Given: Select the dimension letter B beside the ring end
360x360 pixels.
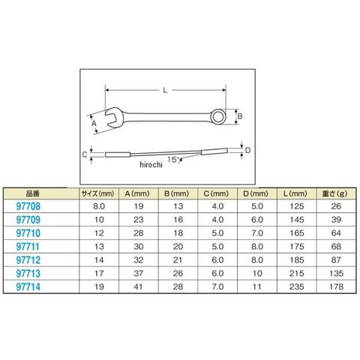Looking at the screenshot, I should (x=239, y=116).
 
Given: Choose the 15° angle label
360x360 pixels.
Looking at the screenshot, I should (x=174, y=160).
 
